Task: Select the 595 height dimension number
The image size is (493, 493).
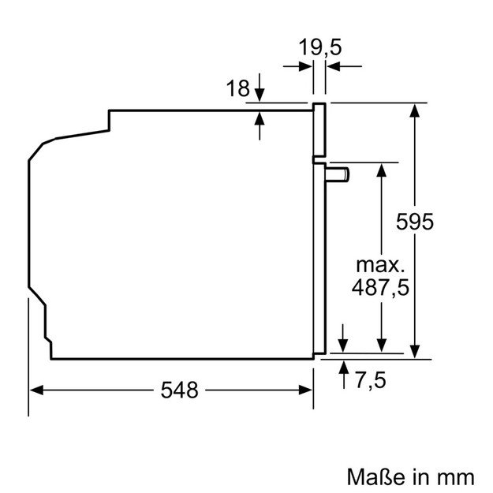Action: (x=415, y=222)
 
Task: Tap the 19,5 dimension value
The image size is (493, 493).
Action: (x=319, y=47)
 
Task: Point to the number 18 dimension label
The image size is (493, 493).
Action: (x=237, y=89)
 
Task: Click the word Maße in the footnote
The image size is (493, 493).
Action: (x=373, y=476)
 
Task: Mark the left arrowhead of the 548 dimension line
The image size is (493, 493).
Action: (x=36, y=389)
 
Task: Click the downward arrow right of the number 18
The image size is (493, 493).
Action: (x=260, y=95)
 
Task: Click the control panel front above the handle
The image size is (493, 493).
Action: (x=319, y=130)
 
